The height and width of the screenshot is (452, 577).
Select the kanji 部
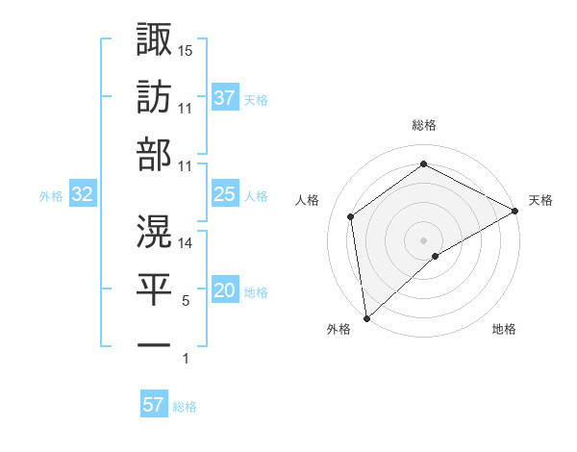coord(154,155)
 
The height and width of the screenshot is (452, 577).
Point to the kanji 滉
coord(154,231)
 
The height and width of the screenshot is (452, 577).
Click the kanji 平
coord(154,289)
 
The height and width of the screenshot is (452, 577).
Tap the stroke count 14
coord(186,243)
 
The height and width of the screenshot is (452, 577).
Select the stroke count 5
coord(186,301)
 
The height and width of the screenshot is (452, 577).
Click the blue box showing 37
coord(224,97)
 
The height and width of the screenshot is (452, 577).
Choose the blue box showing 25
coord(224,194)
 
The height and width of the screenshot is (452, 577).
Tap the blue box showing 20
coord(224,290)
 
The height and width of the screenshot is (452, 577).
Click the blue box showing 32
coord(83,194)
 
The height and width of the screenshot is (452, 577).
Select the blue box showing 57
coord(153,405)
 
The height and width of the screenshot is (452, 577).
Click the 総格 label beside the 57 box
coord(185,406)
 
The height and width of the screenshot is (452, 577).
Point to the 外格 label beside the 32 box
coord(51,195)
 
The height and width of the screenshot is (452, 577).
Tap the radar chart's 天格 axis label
coord(540,200)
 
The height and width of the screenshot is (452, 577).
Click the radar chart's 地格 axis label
coord(504,330)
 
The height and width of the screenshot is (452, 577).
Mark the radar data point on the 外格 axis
coord(365,317)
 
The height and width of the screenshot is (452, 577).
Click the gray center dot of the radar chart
coord(423,239)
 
